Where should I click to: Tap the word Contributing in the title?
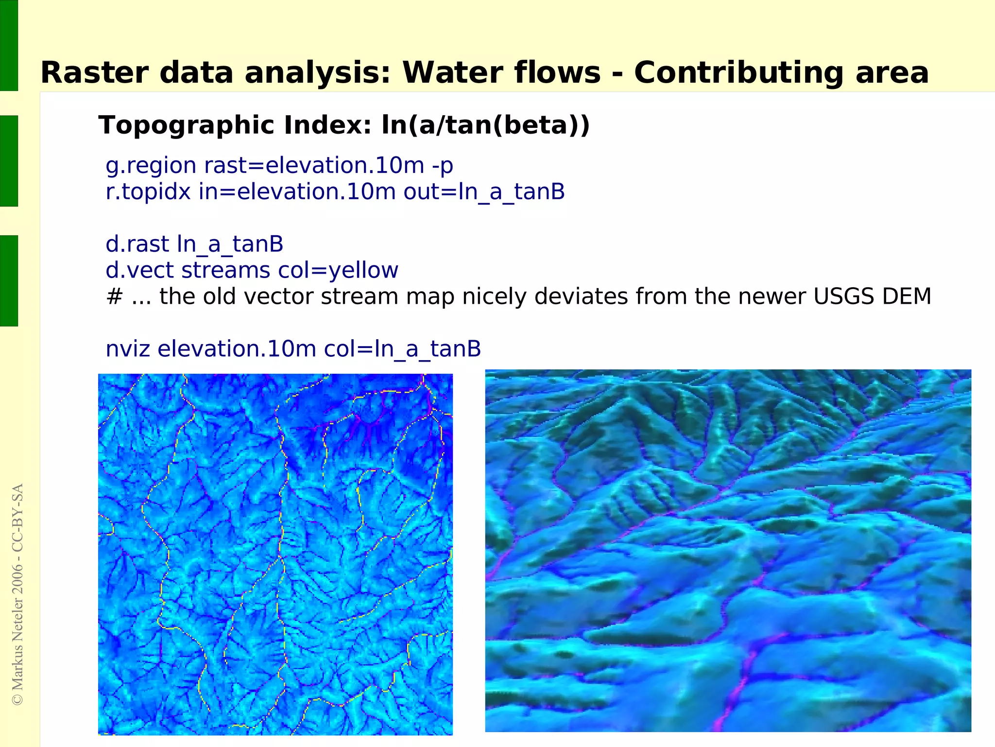739,73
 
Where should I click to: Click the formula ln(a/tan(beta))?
486,125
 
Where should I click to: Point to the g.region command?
151,166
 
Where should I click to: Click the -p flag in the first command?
442,166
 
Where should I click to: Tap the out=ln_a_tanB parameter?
484,191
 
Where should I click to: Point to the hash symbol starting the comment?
114,296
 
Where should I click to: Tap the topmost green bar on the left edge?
9,45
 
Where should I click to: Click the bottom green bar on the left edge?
9,280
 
